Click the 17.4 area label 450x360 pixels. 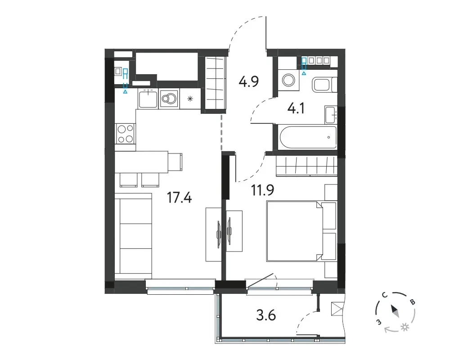(180, 198)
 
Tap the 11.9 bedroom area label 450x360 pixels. (263, 190)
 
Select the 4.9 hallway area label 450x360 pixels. (248, 81)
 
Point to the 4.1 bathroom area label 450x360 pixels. (296, 109)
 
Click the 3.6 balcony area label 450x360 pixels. (266, 315)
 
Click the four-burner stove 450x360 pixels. (126, 134)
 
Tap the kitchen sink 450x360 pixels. (148, 99)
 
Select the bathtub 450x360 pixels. (308, 137)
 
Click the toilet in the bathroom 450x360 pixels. (324, 85)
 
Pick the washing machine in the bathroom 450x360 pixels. (288, 79)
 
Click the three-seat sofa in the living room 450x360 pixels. (134, 236)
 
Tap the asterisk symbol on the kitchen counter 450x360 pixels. (190, 99)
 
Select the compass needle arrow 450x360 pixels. (394, 311)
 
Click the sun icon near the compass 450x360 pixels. (405, 327)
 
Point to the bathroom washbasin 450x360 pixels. (331, 115)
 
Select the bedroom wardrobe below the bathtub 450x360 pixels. (306, 166)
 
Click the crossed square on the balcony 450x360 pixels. (337, 309)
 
